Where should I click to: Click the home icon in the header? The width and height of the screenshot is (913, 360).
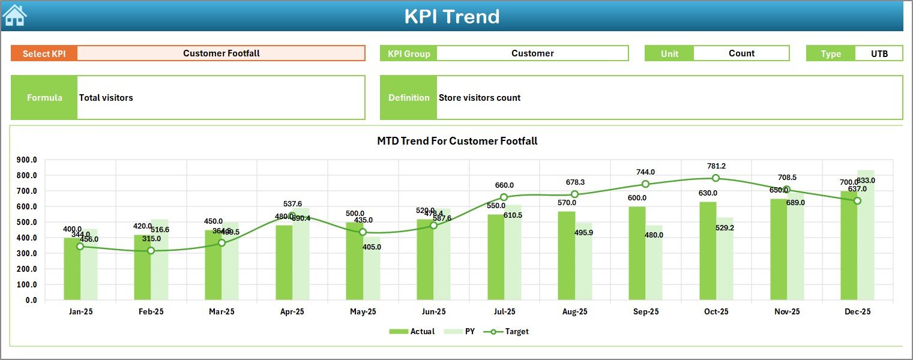tap(14, 16)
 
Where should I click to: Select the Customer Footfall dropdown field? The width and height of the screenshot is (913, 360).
tap(221, 53)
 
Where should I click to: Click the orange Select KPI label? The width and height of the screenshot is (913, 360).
tap(44, 53)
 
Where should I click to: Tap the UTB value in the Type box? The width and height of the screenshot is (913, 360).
tap(879, 53)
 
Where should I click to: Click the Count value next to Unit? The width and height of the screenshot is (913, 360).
tap(741, 53)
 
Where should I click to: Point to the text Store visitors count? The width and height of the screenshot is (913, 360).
tap(480, 98)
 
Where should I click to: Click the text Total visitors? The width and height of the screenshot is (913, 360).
tap(106, 98)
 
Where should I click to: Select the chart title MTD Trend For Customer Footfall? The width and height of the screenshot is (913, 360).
tap(457, 141)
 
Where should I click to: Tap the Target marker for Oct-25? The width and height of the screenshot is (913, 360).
tap(716, 178)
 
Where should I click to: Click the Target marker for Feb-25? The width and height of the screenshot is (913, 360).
tap(151, 251)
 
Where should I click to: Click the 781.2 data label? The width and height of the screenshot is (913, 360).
tap(716, 166)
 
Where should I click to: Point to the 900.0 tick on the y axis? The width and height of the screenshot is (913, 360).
tap(26, 160)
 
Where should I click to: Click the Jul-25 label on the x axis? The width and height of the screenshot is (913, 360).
tap(504, 312)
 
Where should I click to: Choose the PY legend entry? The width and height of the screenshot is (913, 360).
tap(462, 331)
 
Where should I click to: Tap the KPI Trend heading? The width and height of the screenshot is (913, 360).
tap(452, 16)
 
